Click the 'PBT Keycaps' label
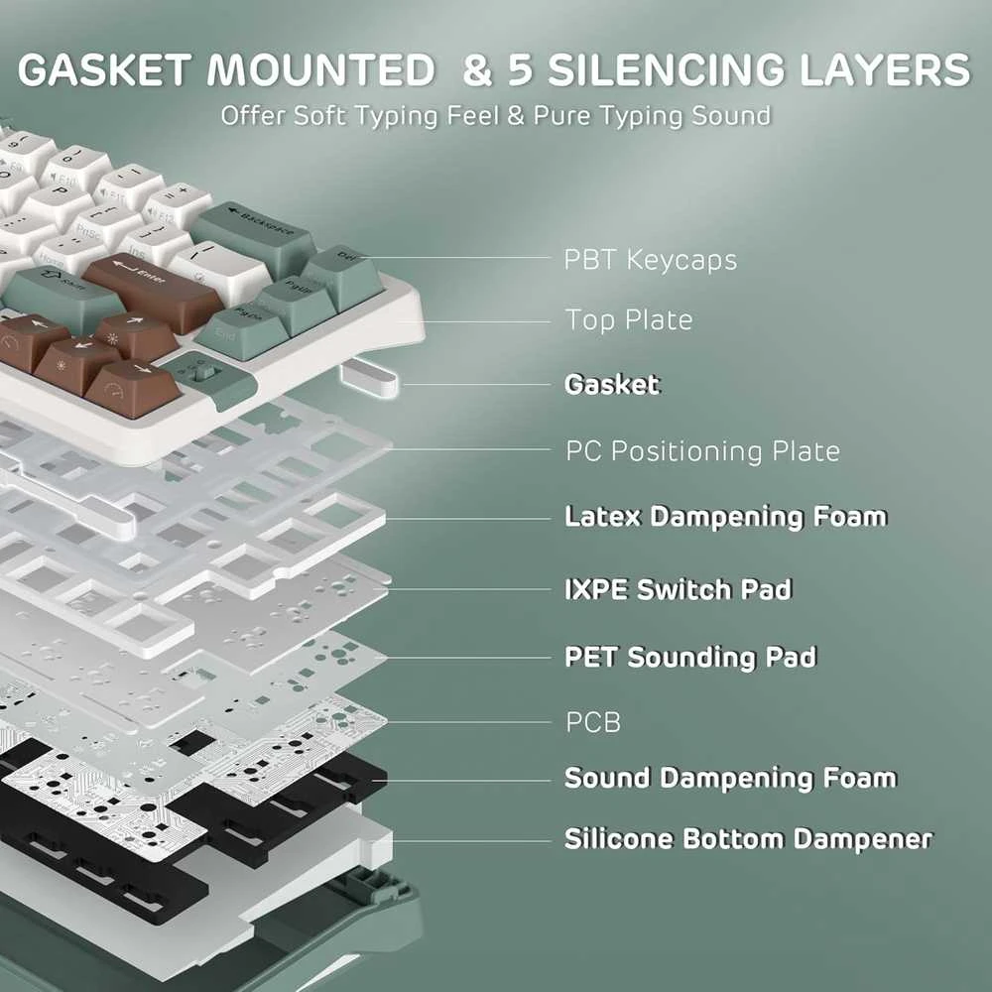(x=651, y=260)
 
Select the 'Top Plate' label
(x=629, y=319)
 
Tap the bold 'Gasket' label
(x=612, y=385)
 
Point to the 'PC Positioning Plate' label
(x=703, y=451)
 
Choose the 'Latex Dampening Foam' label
(x=726, y=517)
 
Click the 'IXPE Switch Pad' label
(x=678, y=589)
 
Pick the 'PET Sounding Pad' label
(x=690, y=657)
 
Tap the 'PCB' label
(x=593, y=722)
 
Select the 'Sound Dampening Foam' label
(x=731, y=778)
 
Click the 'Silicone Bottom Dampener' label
(x=748, y=839)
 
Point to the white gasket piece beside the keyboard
(x=369, y=378)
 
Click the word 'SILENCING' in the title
(x=668, y=69)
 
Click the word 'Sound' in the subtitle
(x=731, y=116)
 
